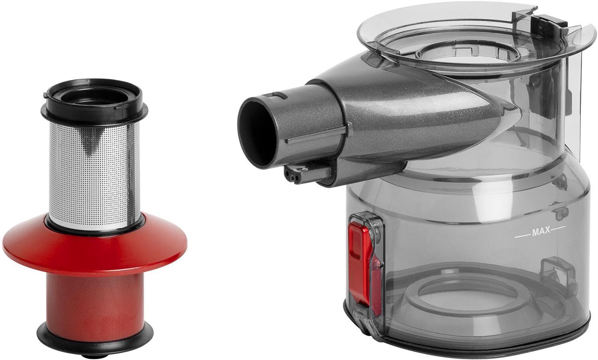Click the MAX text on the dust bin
[x=541, y=231]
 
